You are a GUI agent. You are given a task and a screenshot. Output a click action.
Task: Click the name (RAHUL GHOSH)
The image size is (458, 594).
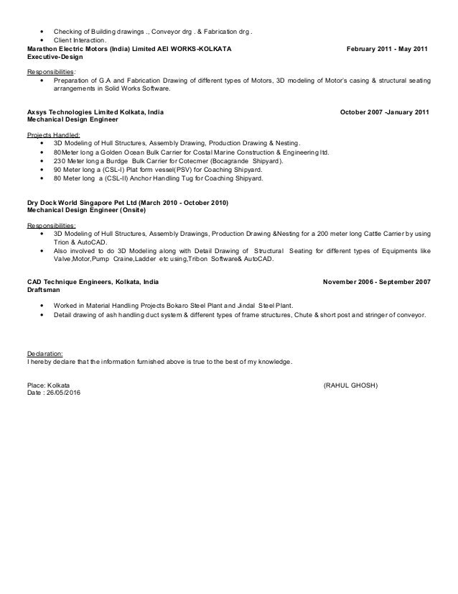[x=351, y=385]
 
